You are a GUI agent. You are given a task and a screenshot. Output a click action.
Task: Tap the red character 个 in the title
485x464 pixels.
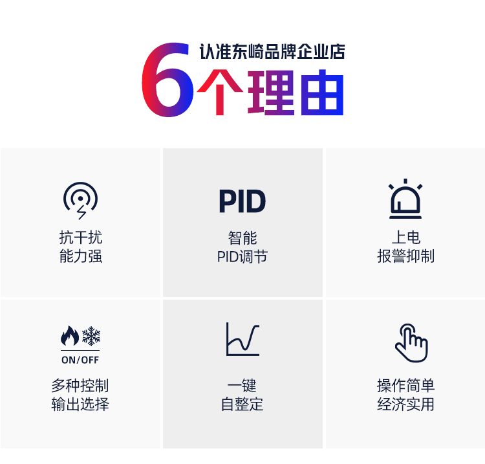220,93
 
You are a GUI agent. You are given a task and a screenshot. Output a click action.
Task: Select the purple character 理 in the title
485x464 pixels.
271,93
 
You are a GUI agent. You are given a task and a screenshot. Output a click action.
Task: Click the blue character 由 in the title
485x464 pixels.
322,93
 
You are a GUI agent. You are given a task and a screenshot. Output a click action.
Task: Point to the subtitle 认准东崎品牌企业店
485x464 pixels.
272,52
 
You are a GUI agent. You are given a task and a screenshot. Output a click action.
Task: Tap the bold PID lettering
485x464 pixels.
242,201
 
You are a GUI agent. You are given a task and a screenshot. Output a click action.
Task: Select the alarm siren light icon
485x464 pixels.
405,199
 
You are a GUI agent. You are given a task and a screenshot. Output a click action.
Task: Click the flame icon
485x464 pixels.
70,335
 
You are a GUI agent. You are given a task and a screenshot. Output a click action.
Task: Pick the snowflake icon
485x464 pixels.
91,336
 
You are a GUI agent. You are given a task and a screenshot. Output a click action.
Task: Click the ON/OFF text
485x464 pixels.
80,360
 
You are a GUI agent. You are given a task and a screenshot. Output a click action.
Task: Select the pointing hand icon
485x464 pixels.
412,344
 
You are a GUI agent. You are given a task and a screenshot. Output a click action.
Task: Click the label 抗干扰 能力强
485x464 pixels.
80,247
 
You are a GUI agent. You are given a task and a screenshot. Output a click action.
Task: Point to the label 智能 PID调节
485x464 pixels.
242,247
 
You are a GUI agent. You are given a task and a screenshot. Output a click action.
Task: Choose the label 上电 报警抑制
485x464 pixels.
405,247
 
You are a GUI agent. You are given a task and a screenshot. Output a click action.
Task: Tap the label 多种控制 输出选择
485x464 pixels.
80,395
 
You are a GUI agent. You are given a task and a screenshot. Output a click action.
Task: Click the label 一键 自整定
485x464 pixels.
242,395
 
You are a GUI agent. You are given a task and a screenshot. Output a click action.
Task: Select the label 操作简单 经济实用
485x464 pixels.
405,395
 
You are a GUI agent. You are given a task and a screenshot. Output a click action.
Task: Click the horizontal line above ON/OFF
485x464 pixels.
80,350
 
